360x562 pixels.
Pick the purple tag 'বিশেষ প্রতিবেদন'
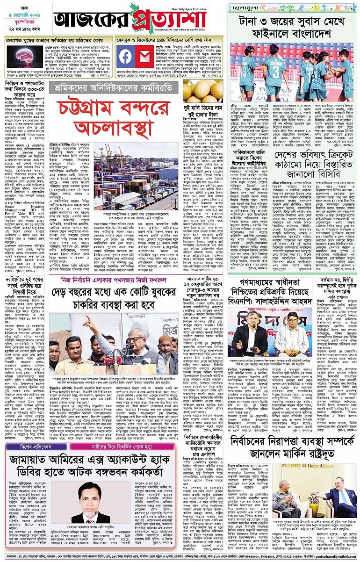point(32,434)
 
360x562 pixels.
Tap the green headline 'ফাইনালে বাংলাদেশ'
point(292,36)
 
